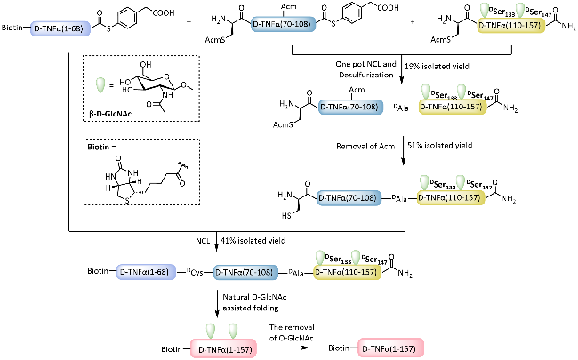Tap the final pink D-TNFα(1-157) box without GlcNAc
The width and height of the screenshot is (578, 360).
point(393,350)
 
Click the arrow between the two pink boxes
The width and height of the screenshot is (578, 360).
point(302,350)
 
